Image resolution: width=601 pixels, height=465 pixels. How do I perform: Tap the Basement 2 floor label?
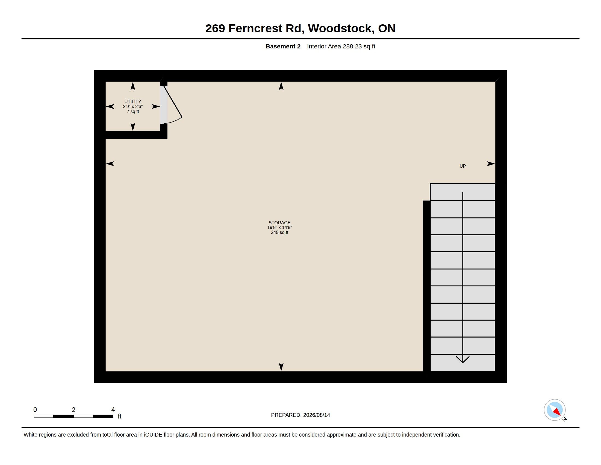[x=283, y=47]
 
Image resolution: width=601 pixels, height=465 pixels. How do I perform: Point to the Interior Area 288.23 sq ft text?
[x=341, y=47]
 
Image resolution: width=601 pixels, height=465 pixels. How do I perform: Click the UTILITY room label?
[x=133, y=102]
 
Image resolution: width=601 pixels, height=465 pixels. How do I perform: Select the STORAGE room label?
[x=279, y=223]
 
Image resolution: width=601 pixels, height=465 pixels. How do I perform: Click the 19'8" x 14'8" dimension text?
[x=279, y=228]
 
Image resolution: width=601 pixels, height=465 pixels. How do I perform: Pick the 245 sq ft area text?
[x=279, y=233]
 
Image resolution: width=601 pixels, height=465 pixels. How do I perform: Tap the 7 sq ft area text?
[x=133, y=112]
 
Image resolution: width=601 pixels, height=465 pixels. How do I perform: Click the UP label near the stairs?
[x=462, y=166]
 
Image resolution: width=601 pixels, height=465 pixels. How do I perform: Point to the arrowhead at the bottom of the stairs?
[x=462, y=359]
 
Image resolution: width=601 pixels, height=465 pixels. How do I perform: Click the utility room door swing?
[x=173, y=105]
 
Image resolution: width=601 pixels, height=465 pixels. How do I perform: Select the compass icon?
[x=555, y=410]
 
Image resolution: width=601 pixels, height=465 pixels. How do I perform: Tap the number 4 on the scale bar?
[x=113, y=410]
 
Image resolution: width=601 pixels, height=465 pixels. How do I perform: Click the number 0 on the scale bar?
[x=35, y=410]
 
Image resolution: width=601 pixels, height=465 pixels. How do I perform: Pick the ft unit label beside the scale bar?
[x=120, y=416]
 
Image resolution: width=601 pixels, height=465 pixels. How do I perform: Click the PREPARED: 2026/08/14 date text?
[x=300, y=415]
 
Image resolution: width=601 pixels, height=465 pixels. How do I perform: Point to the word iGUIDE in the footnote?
[x=153, y=435]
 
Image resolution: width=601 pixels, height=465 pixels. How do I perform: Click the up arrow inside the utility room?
[x=133, y=86]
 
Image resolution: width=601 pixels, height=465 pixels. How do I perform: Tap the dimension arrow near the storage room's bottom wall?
[x=281, y=367]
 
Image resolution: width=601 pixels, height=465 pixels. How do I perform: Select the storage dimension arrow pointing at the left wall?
[x=110, y=164]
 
